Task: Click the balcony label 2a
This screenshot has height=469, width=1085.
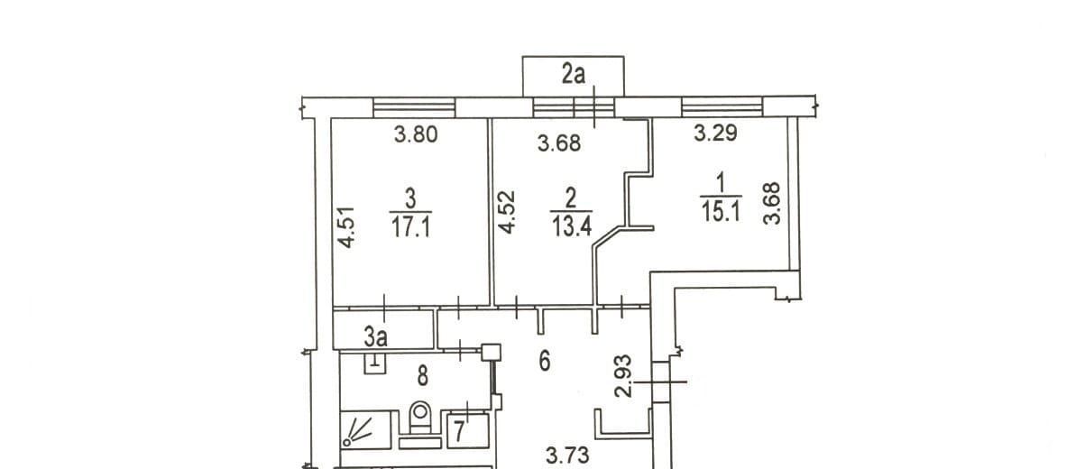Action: [574, 75]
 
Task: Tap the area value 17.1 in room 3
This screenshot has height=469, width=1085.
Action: [410, 227]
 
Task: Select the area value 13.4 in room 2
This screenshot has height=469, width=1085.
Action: [572, 226]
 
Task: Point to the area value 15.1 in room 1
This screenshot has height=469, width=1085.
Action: [722, 212]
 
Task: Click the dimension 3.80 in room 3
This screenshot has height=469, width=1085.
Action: [416, 134]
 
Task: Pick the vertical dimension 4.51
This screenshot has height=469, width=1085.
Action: [346, 227]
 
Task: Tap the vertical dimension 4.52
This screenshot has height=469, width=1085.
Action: [506, 212]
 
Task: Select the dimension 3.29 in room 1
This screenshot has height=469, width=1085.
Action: [715, 133]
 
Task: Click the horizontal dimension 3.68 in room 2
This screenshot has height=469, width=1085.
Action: [559, 143]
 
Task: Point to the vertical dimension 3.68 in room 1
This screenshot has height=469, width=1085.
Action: [772, 203]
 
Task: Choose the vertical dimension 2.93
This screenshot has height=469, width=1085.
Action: [623, 376]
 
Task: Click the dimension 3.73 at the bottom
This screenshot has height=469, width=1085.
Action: [567, 455]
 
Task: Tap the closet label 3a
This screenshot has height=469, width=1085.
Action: [376, 337]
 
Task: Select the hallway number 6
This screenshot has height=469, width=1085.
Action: [545, 362]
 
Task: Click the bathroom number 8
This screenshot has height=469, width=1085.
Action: [423, 376]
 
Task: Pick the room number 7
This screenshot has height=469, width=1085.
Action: [459, 432]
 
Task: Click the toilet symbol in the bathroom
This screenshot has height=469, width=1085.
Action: [420, 418]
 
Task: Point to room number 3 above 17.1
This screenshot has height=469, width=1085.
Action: [410, 198]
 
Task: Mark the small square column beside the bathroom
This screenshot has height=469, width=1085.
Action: [491, 353]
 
